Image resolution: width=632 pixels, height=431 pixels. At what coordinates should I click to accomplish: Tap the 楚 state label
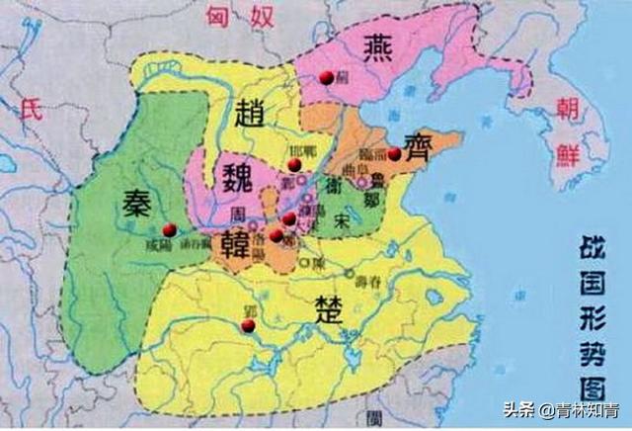pyautogui.click(x=324, y=302)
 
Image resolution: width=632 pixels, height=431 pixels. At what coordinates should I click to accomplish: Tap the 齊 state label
pyautogui.click(x=427, y=150)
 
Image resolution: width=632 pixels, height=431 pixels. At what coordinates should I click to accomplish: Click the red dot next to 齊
pyautogui.click(x=395, y=153)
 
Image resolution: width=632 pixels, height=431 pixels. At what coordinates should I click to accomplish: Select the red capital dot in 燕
pyautogui.click(x=327, y=77)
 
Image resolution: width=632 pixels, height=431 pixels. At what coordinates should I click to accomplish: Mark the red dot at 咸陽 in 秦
pyautogui.click(x=169, y=230)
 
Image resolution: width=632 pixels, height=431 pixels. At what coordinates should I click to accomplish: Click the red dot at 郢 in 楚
pyautogui.click(x=249, y=325)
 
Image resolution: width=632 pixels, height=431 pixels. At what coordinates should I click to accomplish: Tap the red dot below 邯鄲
pyautogui.click(x=294, y=164)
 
